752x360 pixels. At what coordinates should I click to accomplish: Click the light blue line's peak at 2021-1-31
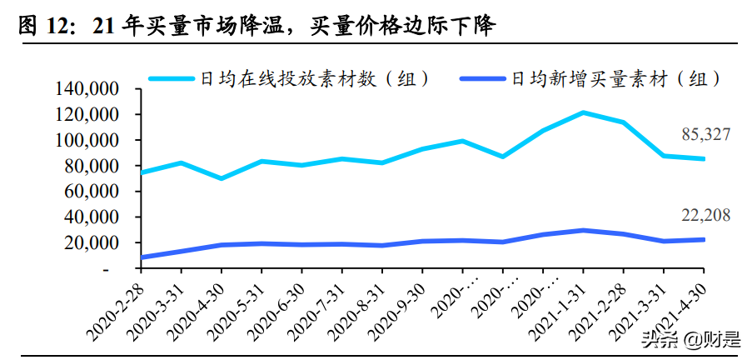tap(583, 112)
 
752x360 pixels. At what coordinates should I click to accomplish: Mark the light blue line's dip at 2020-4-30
tap(222, 178)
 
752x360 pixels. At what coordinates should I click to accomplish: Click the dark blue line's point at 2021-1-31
tap(583, 230)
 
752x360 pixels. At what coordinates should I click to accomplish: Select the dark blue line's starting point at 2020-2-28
tap(141, 257)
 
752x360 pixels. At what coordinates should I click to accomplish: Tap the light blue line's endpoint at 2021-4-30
tap(704, 159)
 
